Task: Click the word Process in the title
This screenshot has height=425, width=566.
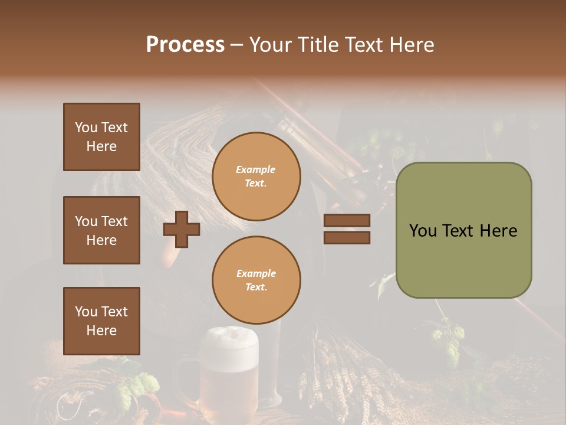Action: click(185, 45)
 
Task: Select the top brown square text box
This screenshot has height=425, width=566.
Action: click(101, 137)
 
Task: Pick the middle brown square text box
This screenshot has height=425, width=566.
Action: click(101, 230)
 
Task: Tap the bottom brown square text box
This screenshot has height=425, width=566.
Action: click(101, 321)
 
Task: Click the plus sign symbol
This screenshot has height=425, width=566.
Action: click(182, 229)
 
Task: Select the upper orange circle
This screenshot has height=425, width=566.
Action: click(256, 176)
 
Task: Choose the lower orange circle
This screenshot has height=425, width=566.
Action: click(256, 280)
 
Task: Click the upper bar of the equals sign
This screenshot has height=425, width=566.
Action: click(347, 220)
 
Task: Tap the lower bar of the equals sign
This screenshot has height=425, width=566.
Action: click(347, 237)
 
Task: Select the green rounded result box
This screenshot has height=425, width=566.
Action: click(463, 230)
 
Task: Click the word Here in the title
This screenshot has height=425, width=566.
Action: click(412, 45)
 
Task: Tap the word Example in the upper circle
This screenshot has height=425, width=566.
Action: click(256, 169)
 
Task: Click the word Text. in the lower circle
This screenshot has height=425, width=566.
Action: click(256, 287)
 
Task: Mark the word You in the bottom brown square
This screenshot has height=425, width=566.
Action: click(85, 312)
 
